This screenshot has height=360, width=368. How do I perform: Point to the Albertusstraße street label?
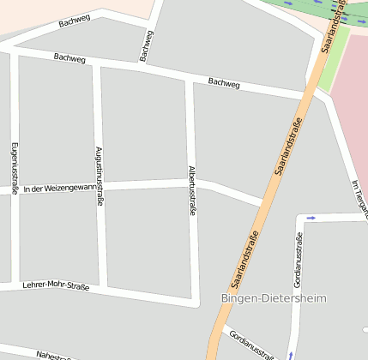point(192,189)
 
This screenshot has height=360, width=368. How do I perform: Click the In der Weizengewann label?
point(60,188)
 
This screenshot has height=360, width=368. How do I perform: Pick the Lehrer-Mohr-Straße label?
point(56,285)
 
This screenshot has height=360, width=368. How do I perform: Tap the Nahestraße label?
point(57,355)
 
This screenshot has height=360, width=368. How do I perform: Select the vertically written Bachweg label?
point(147,46)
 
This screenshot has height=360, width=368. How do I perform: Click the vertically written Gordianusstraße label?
point(298,259)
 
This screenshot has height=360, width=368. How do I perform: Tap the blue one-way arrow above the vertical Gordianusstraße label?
point(311,218)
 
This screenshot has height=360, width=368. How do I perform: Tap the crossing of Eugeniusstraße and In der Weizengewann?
point(15,190)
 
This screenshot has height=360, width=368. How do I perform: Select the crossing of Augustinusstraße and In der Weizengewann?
point(100,186)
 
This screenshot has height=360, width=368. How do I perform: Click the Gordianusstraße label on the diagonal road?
point(250,344)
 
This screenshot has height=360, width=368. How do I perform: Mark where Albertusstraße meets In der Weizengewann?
point(193,183)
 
